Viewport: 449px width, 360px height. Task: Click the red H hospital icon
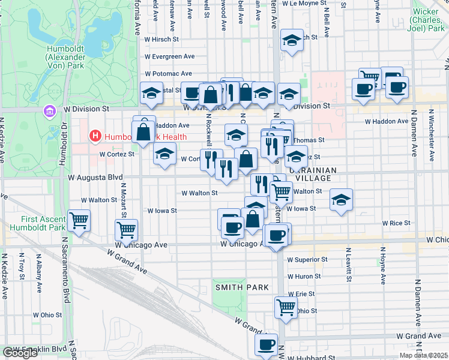[x=95, y=137]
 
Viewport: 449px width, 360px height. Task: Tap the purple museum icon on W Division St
[x=49, y=110]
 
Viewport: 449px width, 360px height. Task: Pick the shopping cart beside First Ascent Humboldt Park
[x=79, y=220]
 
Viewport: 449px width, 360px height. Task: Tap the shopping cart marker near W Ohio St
[x=286, y=307]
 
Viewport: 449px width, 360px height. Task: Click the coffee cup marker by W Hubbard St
[x=266, y=344]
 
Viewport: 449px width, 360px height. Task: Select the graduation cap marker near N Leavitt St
[x=341, y=200]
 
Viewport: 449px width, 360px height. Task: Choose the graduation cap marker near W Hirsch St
[x=292, y=40]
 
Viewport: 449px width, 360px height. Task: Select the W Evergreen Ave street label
[x=169, y=56]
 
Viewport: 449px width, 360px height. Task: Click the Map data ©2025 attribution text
[x=423, y=355]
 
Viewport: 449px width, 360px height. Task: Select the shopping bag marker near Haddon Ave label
[x=143, y=131]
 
